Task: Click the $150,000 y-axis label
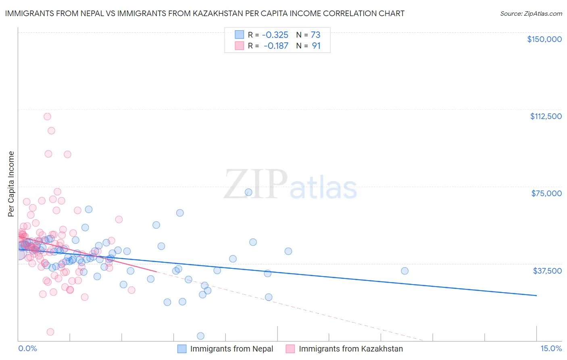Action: coord(544,39)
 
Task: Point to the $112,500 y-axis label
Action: coord(546,116)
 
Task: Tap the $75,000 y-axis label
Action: coord(546,193)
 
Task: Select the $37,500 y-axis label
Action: coord(547,271)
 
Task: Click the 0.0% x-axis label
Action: coord(27,348)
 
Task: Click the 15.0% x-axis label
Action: coord(551,348)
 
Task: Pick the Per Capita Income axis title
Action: coord(11,184)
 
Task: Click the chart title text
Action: coord(204,13)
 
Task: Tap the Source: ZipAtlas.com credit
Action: coord(531,14)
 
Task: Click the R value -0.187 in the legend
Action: coord(276,46)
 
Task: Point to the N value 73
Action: coord(315,35)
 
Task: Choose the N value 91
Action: coord(316,46)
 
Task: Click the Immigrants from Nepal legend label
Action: coord(231,349)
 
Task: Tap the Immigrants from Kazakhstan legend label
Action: coord(351,349)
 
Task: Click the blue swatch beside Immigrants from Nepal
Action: coord(182,349)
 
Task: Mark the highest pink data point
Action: coord(47,117)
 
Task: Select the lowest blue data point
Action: coord(200,336)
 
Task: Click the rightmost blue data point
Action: coord(404,271)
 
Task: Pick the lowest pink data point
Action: coord(50,332)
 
